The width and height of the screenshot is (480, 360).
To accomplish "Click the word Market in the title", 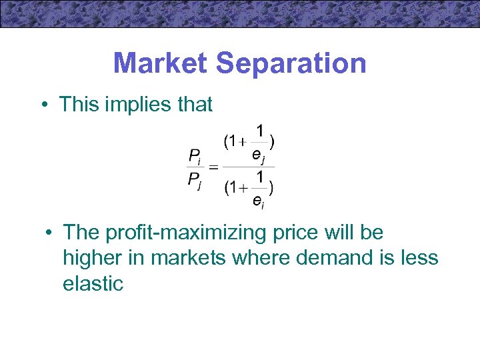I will click(160, 63).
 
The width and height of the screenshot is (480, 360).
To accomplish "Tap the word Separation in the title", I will click(291, 63).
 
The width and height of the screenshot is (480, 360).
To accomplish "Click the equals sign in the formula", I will click(213, 167).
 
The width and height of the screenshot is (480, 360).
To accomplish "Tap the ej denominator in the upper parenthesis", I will click(260, 155).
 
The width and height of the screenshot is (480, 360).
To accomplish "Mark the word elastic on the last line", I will click(93, 283).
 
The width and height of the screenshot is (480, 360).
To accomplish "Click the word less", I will click(419, 258).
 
